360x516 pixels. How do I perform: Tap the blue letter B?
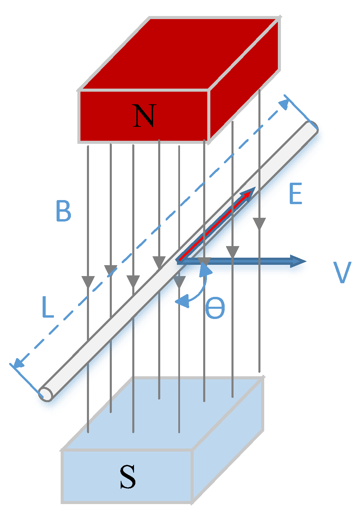[63, 211]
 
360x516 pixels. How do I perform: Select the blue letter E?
[295, 194]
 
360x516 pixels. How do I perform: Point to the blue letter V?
[342, 272]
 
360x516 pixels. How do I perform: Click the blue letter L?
[48, 307]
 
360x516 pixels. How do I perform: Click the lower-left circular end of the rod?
[46, 394]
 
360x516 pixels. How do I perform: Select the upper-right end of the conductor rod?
[312, 128]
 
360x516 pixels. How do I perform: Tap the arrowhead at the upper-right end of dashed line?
[284, 104]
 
